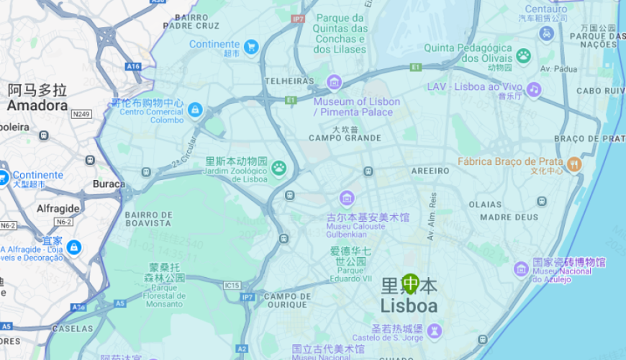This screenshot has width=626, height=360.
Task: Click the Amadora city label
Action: pyautogui.click(x=37, y=106)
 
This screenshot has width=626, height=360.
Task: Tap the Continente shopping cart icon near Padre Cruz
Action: pyautogui.click(x=250, y=47)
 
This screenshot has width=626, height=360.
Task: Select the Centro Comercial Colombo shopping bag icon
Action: pyautogui.click(x=194, y=110)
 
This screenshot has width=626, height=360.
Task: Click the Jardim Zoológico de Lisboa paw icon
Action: pyautogui.click(x=278, y=168)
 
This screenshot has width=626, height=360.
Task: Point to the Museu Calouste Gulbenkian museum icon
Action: pyautogui.click(x=347, y=197)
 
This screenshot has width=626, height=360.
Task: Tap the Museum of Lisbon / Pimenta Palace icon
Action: pyautogui.click(x=334, y=82)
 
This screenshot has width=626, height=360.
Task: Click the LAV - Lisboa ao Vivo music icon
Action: pyautogui.click(x=533, y=89)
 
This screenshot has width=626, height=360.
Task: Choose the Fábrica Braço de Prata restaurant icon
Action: pyautogui.click(x=573, y=163)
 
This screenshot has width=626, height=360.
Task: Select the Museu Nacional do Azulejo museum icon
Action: pyautogui.click(x=521, y=269)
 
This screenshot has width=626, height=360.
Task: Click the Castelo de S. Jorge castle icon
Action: pyautogui.click(x=434, y=330)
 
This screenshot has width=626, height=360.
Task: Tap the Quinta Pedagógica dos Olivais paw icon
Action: pyautogui.click(x=523, y=55)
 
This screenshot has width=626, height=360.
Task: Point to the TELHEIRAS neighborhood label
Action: pyautogui.click(x=289, y=81)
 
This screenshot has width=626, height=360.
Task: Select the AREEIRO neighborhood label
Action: pyautogui.click(x=430, y=171)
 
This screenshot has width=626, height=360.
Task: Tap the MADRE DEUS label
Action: pyautogui.click(x=509, y=217)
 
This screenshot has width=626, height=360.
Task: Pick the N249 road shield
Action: pyautogui.click(x=81, y=114)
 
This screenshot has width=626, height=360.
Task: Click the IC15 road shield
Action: pyautogui.click(x=232, y=285)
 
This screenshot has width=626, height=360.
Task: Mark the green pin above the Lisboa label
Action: pyautogui.click(x=410, y=283)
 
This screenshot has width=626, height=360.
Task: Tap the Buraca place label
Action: pyautogui.click(x=109, y=184)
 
